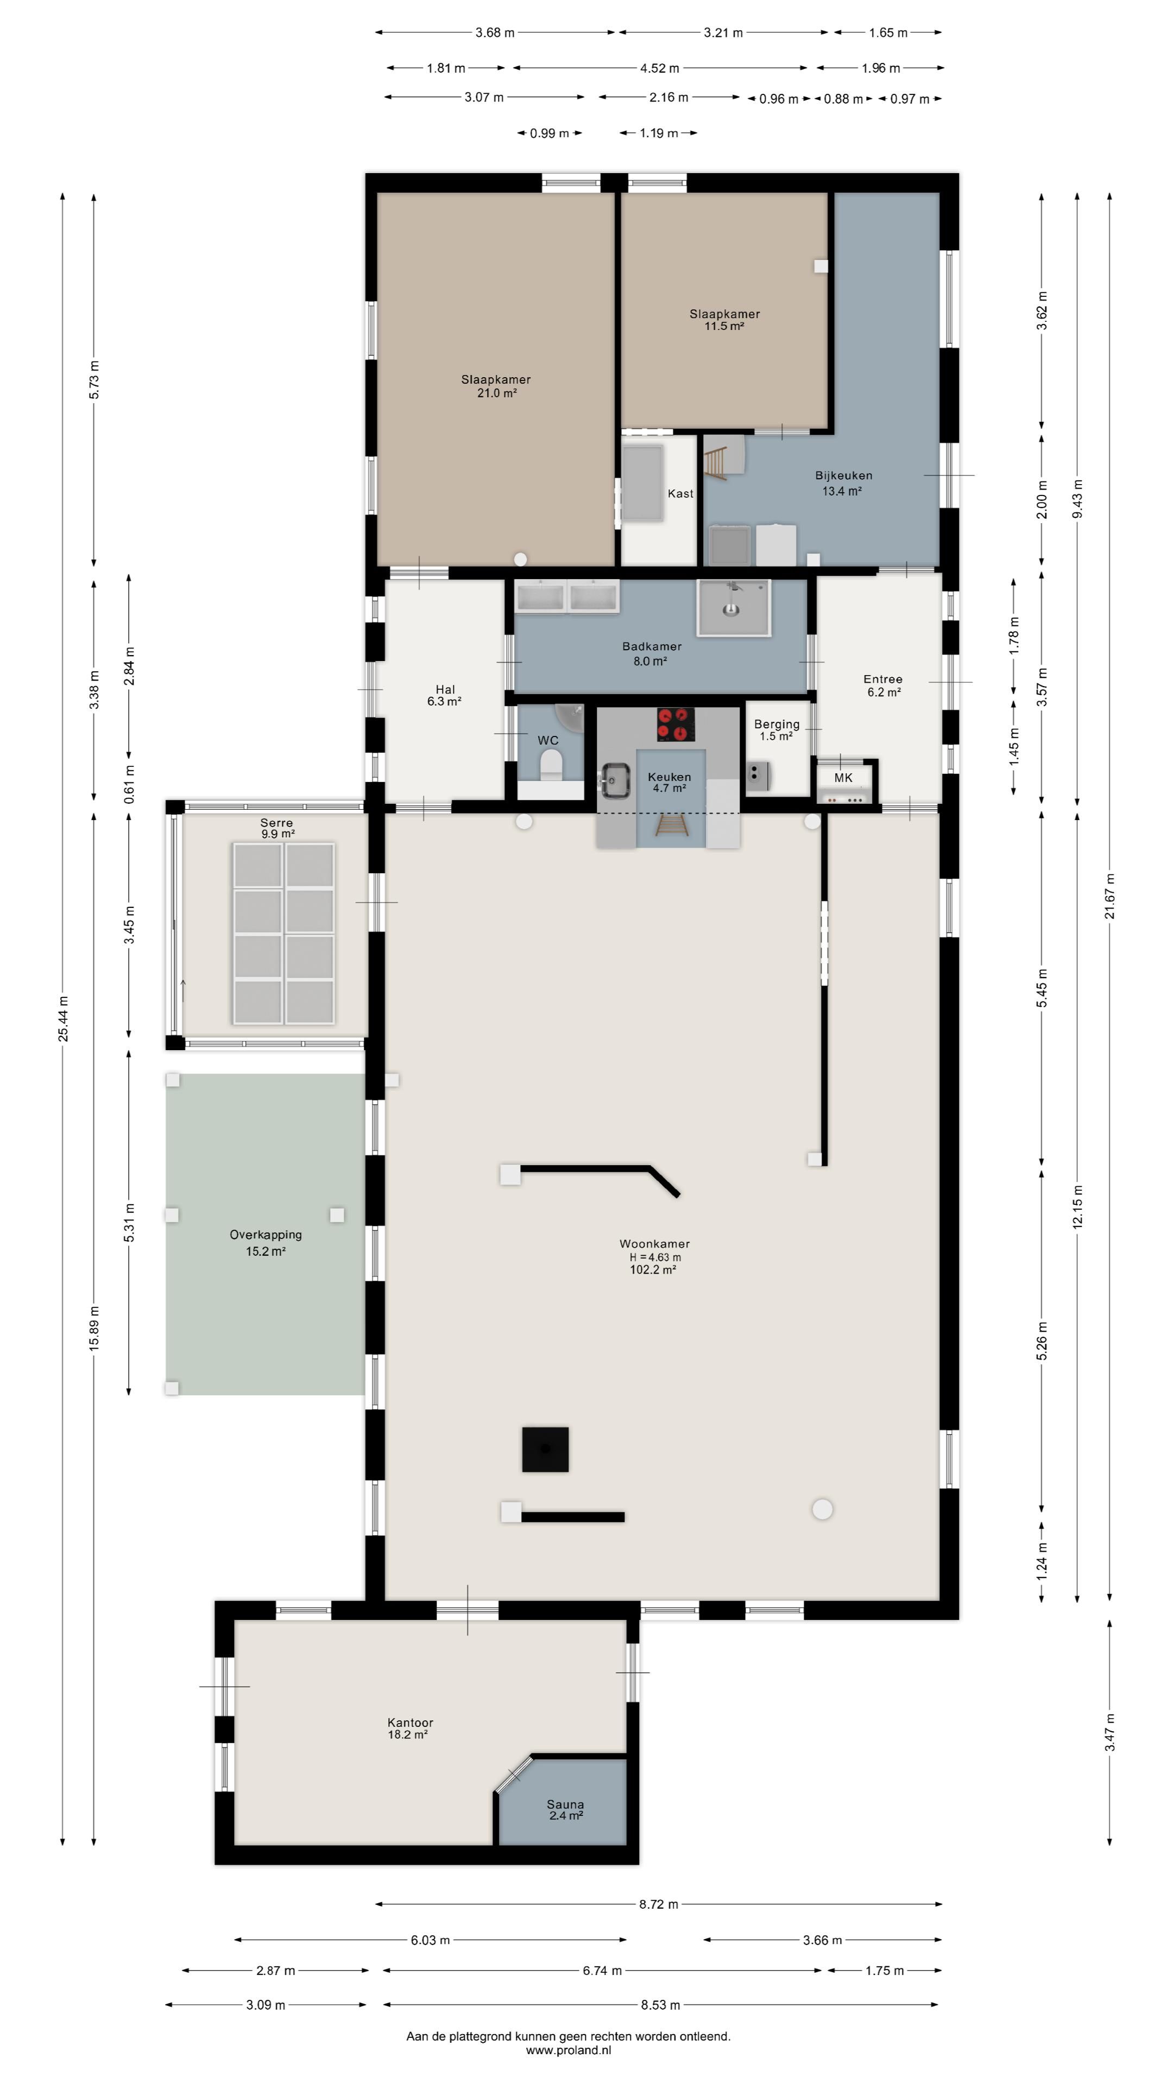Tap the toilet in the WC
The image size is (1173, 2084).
click(x=551, y=765)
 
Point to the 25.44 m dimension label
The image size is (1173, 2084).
click(x=63, y=1019)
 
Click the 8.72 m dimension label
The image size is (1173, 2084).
click(x=659, y=1904)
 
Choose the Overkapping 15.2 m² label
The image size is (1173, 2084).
click(x=266, y=1243)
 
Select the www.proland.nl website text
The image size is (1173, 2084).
click(x=568, y=2050)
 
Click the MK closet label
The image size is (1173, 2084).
click(x=843, y=778)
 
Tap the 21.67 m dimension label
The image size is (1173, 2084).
click(x=1110, y=897)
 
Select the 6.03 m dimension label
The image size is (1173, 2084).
click(x=430, y=1940)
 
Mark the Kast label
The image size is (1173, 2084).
click(x=680, y=493)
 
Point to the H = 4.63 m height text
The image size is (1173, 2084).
click(x=655, y=1257)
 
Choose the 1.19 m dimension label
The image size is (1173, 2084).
click(x=658, y=132)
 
